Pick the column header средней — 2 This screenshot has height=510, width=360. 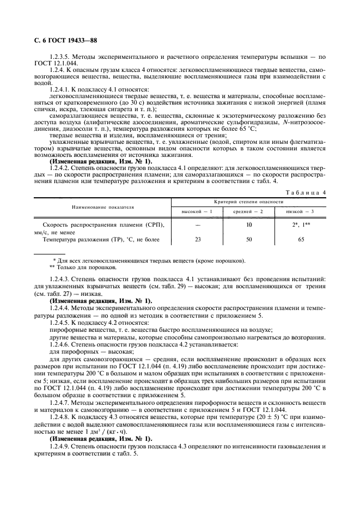[248, 211]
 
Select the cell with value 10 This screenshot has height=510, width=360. [248, 224]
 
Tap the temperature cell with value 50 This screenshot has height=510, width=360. [248, 239]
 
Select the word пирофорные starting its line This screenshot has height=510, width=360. [66, 330]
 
